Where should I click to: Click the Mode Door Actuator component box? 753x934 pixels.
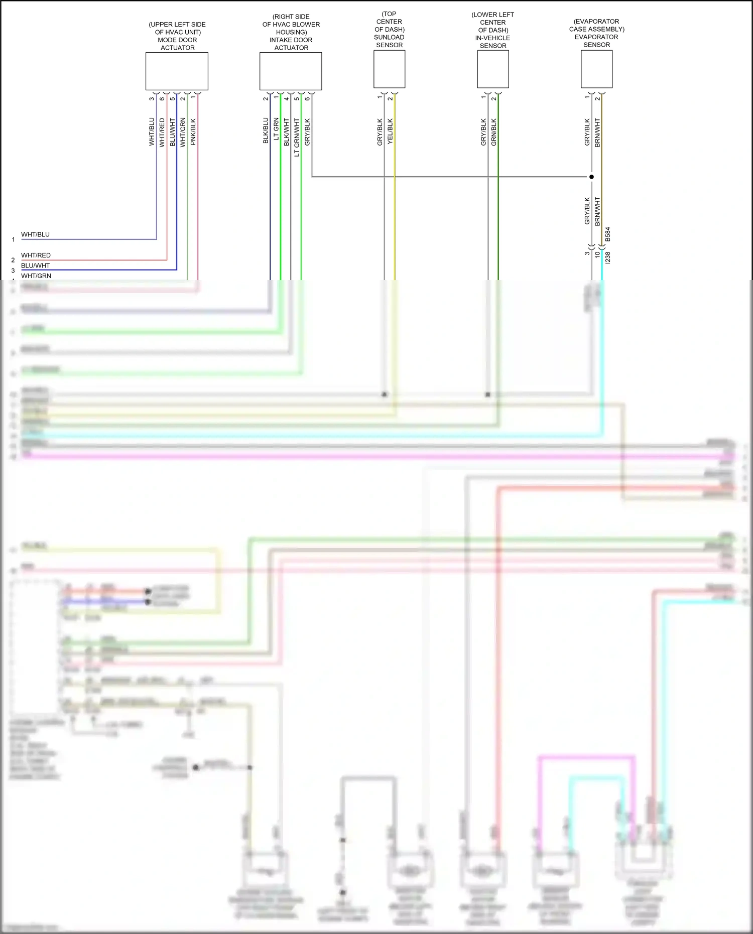(x=177, y=71)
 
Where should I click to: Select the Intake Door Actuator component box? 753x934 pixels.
(x=291, y=71)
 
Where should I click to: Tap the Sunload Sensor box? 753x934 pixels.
(x=389, y=69)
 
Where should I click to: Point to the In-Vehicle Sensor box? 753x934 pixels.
(x=493, y=70)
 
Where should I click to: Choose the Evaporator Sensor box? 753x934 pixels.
(x=596, y=69)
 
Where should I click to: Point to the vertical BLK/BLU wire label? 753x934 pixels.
(x=266, y=131)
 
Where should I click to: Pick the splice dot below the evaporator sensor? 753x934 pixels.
(x=591, y=177)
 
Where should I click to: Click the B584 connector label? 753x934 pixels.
(x=608, y=234)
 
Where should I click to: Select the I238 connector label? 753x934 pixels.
(x=608, y=258)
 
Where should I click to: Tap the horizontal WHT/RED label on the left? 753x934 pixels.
(x=36, y=255)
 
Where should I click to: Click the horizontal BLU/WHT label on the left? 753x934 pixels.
(x=35, y=265)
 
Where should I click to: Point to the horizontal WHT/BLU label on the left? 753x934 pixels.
(x=35, y=234)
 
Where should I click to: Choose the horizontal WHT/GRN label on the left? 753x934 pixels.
(x=36, y=276)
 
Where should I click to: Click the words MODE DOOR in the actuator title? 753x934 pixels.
(x=177, y=40)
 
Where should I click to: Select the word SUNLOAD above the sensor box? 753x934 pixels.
(x=389, y=37)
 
